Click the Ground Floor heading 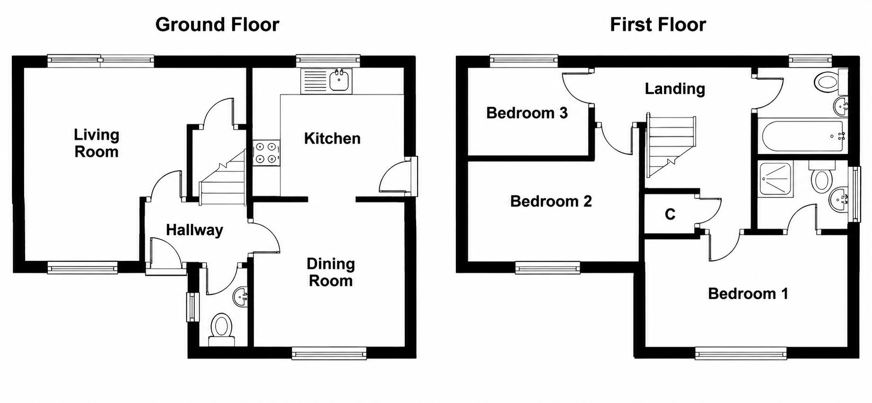coord(217,25)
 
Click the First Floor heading coord(658,25)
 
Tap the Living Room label coord(96,143)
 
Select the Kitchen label coord(332,138)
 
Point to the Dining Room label coord(331,272)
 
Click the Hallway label coord(194,230)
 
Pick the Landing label coord(675,89)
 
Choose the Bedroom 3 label coord(527,113)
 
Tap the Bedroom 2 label coord(551,201)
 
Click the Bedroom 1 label coord(748,294)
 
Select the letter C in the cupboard coord(670,214)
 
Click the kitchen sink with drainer coord(326,81)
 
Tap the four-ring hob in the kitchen coord(266,153)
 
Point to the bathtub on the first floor coord(801,136)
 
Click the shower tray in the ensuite coord(776,180)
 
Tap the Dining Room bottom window coord(329,353)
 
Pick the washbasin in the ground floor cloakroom coord(241,296)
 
